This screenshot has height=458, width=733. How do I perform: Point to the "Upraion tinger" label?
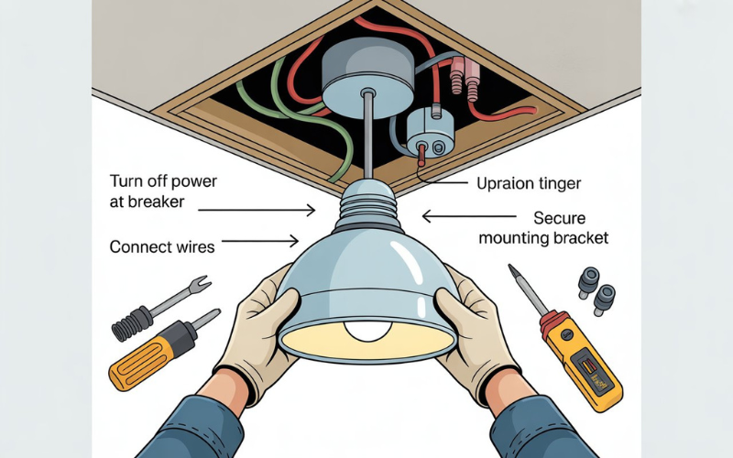(x=528, y=184)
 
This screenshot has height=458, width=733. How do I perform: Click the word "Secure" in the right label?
(x=561, y=219)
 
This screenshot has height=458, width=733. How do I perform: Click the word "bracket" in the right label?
(x=578, y=238)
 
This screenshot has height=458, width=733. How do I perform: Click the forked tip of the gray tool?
(x=200, y=287)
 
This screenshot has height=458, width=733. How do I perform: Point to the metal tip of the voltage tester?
(x=516, y=275)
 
